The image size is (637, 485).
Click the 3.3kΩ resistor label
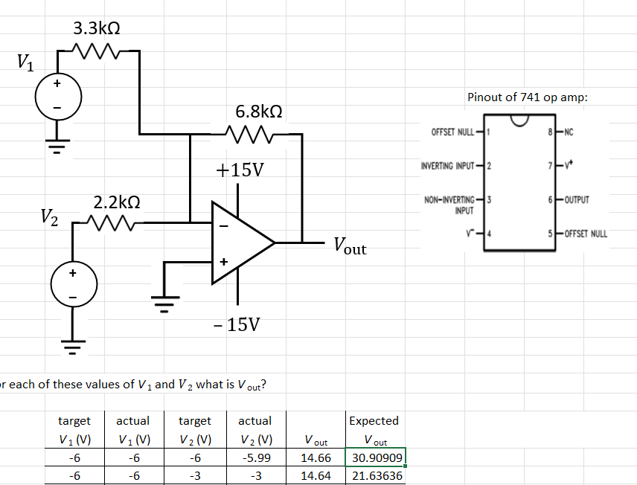(x=97, y=29)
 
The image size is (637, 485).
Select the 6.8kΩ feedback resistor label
(x=258, y=112)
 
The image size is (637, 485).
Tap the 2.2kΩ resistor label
(x=117, y=202)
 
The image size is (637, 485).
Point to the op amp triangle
(x=239, y=242)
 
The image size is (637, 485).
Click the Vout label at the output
(x=349, y=245)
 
